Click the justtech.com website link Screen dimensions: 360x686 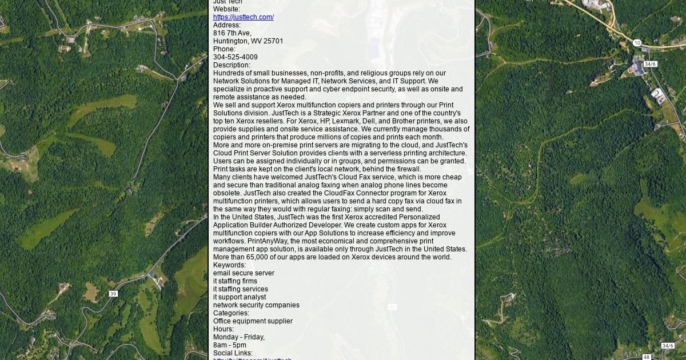click(243, 17)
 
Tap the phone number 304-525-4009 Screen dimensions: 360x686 click(235, 57)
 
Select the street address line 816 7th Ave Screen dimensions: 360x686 click(232, 33)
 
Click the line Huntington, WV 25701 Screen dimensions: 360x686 click(248, 41)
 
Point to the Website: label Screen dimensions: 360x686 click(226, 9)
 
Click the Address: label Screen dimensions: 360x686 click(227, 25)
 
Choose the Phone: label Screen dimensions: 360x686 click(224, 49)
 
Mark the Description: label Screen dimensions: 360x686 click(232, 65)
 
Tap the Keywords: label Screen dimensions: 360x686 click(229, 265)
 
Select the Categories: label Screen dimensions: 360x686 click(231, 313)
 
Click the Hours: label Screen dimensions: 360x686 click(224, 329)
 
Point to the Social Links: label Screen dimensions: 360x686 click(233, 353)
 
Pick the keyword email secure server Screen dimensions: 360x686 click(244, 273)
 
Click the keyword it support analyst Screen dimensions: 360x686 click(240, 297)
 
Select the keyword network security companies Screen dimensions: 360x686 click(256, 305)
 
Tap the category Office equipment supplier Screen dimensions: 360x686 click(253, 321)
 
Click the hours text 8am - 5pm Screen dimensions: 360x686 click(230, 345)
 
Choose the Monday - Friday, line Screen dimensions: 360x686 click(239, 337)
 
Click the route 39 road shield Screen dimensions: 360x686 click(113, 294)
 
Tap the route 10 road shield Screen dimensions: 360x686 click(637, 43)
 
